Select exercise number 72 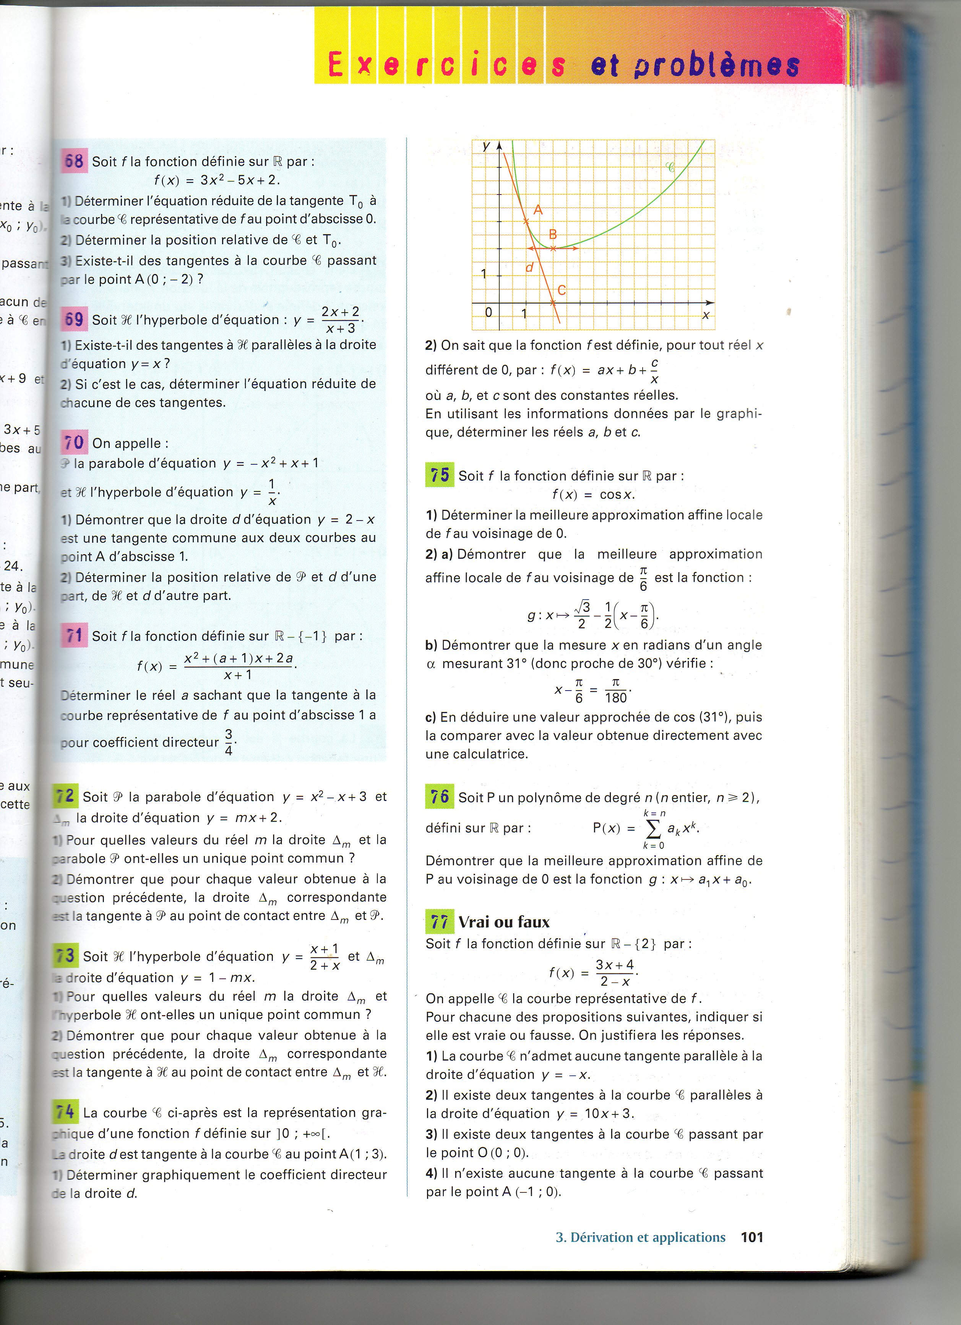point(65,796)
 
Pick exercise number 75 point(439,475)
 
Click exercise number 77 point(439,922)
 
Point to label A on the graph point(538,210)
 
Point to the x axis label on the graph point(706,315)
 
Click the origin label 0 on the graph point(489,313)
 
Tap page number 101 point(752,1237)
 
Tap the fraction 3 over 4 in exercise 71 point(229,742)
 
